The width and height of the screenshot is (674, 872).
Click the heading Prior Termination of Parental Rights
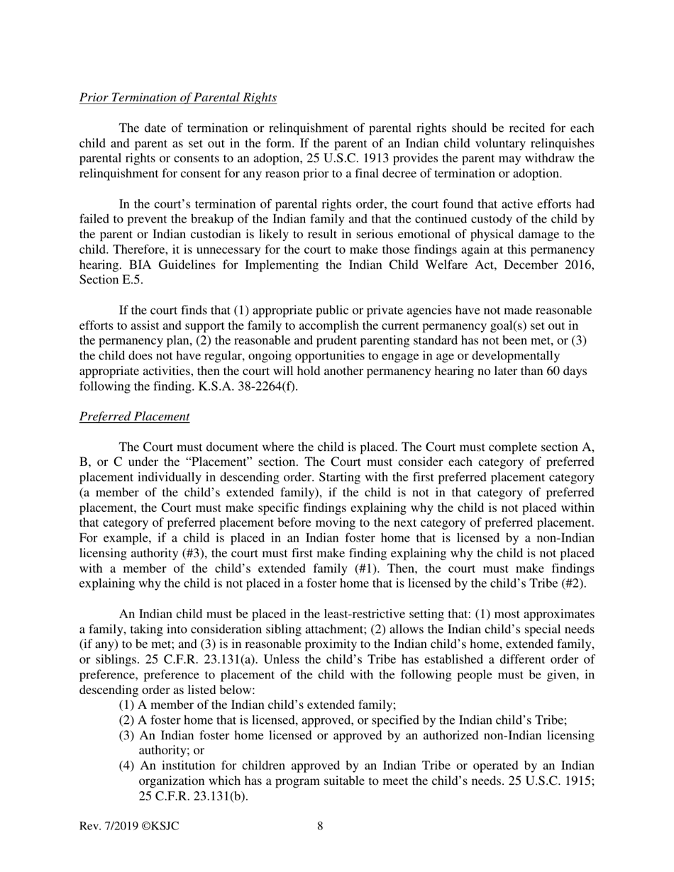(177, 97)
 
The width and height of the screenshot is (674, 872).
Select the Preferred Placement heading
(134, 416)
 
